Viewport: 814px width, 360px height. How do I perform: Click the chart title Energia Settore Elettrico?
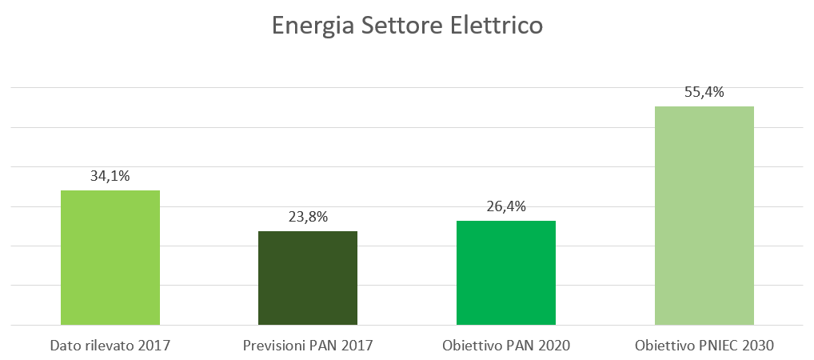point(407,26)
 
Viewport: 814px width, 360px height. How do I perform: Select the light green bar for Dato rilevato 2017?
point(110,258)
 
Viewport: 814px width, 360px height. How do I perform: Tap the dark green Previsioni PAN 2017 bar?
point(308,278)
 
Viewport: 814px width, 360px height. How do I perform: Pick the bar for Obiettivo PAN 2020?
point(505,273)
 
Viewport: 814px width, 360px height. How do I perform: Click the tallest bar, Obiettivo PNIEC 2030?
point(704,215)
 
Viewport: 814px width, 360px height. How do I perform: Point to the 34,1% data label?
point(110,175)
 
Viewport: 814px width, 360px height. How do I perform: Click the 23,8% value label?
point(308,216)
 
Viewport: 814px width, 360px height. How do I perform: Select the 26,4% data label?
point(505,206)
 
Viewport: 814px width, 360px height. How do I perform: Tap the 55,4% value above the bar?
point(704,92)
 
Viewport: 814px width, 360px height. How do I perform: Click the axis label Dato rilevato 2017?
point(110,346)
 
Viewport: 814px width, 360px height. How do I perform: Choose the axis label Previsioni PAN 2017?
point(308,346)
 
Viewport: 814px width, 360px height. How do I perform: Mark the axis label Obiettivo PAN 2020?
point(505,346)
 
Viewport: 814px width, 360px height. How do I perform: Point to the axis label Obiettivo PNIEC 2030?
point(704,346)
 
